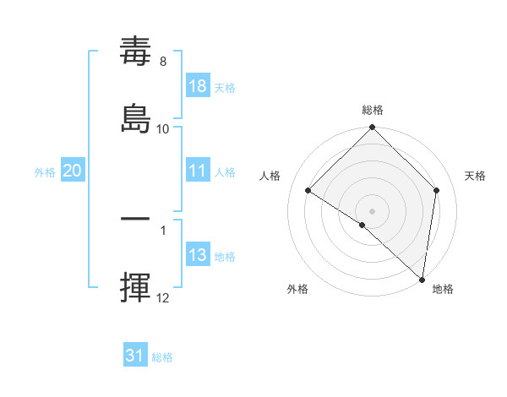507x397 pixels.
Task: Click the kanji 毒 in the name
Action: pyautogui.click(x=136, y=52)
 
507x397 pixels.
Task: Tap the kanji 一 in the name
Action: pyautogui.click(x=136, y=220)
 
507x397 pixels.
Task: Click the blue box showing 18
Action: pyautogui.click(x=198, y=85)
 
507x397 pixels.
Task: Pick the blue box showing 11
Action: pyautogui.click(x=198, y=170)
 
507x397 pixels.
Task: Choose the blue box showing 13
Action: pyautogui.click(x=198, y=255)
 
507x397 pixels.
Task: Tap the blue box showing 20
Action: pyautogui.click(x=72, y=171)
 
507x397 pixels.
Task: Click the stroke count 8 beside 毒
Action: pyautogui.click(x=162, y=61)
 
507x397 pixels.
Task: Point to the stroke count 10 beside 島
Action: pyautogui.click(x=163, y=128)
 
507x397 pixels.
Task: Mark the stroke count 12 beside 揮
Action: pyautogui.click(x=163, y=298)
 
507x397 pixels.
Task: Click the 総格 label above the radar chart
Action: pyautogui.click(x=373, y=110)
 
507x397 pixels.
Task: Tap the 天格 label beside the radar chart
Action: pyautogui.click(x=475, y=176)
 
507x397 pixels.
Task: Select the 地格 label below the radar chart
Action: pyautogui.click(x=443, y=289)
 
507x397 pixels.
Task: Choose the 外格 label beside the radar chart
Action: pyautogui.click(x=297, y=289)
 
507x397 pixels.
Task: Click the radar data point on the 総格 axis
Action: pyautogui.click(x=373, y=128)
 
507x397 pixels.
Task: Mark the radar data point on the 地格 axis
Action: pyautogui.click(x=422, y=278)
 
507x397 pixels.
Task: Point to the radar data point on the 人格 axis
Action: pyautogui.click(x=308, y=190)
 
